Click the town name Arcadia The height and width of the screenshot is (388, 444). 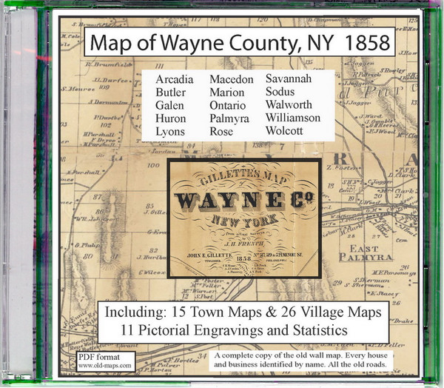pyautogui.click(x=175, y=78)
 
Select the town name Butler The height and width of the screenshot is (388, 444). pyautogui.click(x=172, y=92)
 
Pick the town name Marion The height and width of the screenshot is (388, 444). pyautogui.click(x=229, y=92)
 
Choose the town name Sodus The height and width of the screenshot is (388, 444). pyautogui.click(x=282, y=92)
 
